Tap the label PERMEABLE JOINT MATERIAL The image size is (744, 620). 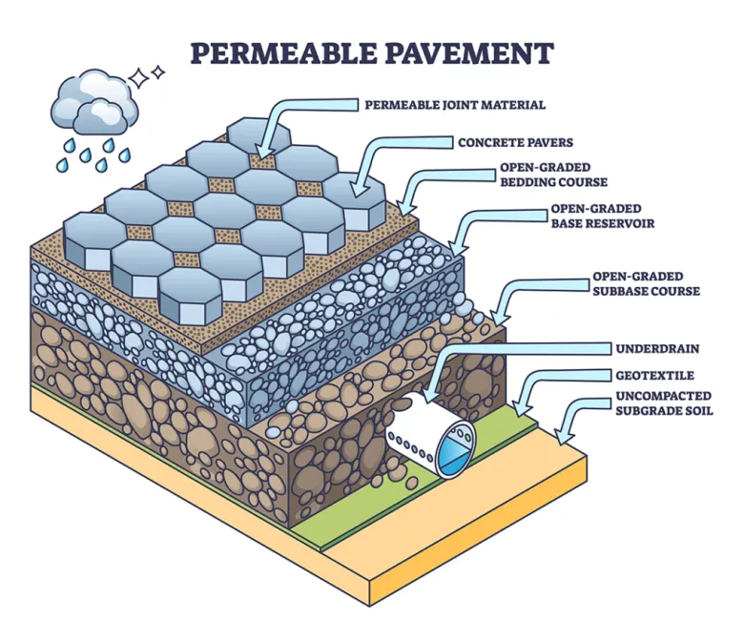point(441,104)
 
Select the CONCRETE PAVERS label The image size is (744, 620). point(515,143)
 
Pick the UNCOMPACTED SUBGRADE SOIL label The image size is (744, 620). point(653,405)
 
